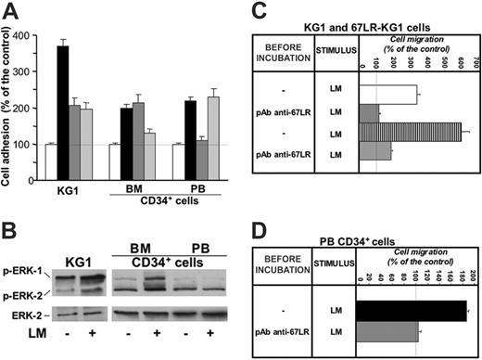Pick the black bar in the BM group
(x=126, y=140)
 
